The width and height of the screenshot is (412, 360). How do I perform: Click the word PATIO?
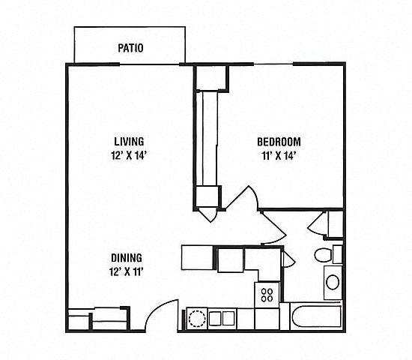coord(131,49)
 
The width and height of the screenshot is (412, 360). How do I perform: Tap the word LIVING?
coord(129,141)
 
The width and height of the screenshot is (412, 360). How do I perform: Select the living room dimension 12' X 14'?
coord(129,157)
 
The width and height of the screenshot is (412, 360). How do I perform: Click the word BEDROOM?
coord(279,141)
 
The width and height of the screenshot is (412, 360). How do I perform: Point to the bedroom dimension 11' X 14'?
coord(279,157)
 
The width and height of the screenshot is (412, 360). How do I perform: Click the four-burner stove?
coord(266,294)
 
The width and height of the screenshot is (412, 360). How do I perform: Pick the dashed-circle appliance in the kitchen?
coord(196,318)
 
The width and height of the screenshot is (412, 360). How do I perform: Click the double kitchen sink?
coord(222,318)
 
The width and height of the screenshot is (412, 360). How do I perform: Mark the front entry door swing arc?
coord(162,311)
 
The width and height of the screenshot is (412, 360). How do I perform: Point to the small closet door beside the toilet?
coord(317,223)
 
